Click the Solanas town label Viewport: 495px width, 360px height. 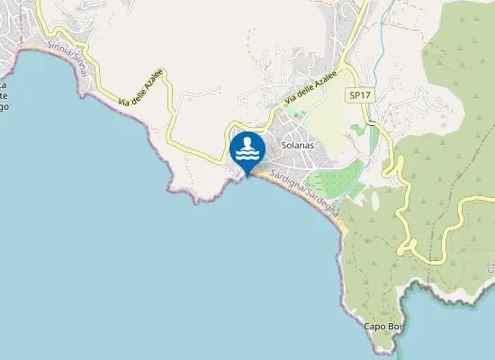point(297,145)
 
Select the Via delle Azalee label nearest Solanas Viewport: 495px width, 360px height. point(310,88)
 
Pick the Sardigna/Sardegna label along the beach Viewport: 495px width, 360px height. point(299,189)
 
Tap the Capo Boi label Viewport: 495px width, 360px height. point(382,326)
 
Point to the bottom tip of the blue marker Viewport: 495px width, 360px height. point(247,176)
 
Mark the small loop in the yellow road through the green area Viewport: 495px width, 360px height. point(407,243)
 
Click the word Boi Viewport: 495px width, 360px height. point(391,326)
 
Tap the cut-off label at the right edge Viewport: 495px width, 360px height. point(491,266)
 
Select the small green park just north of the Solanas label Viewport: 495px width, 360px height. point(299,114)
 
